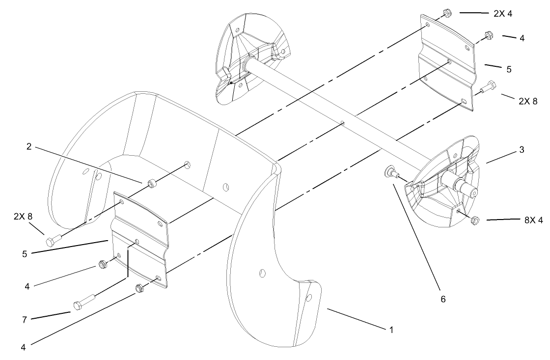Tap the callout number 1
tap(391, 330)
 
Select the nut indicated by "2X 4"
tap(447, 13)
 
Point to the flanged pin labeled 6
tap(390, 171)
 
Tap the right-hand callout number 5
tap(509, 69)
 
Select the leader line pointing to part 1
tap(353, 319)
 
